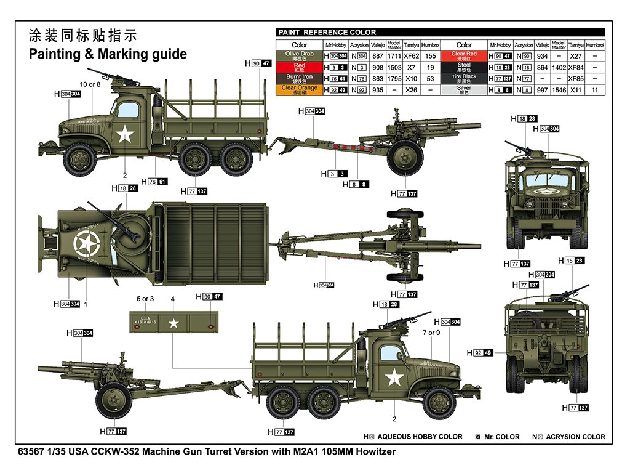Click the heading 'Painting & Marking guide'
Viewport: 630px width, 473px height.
108,54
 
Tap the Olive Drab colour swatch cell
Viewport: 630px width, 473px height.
300,55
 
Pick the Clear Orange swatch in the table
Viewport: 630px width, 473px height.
300,89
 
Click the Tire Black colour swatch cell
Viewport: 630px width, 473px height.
464,78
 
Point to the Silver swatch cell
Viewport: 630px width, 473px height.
464,89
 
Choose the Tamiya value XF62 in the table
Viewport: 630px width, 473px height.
412,55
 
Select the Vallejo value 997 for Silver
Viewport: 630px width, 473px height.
542,90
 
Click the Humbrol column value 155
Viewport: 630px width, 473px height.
430,55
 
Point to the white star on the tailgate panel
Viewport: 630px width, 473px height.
173,322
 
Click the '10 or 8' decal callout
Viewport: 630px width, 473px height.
90,84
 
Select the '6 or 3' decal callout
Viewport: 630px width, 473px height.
145,299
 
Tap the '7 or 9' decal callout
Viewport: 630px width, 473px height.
431,333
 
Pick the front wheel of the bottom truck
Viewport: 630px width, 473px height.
439,402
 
